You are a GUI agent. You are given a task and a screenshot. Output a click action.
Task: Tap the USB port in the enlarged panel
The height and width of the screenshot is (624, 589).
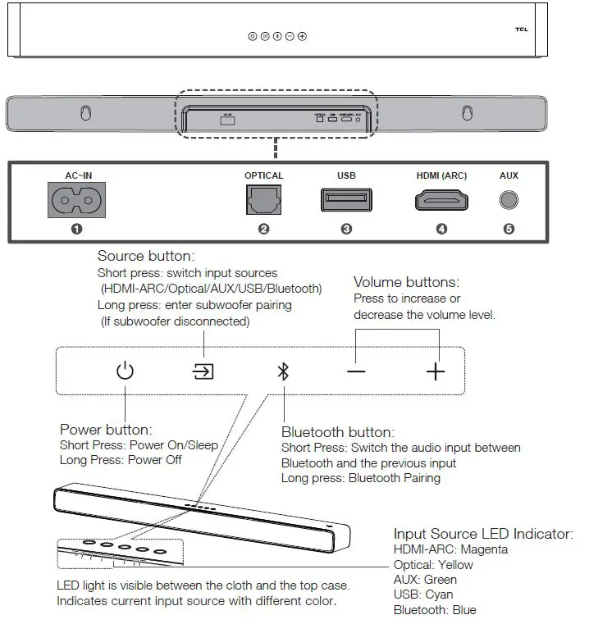point(345,200)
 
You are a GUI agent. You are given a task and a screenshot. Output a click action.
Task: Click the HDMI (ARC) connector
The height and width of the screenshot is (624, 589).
point(441,200)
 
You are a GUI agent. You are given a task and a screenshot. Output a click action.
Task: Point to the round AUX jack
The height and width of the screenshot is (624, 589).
point(509,200)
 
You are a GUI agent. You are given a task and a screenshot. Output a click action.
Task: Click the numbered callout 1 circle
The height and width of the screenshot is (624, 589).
point(76,230)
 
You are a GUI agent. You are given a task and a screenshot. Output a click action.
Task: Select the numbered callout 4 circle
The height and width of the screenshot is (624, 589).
point(441,230)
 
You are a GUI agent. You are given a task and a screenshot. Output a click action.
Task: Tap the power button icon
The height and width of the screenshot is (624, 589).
point(125,371)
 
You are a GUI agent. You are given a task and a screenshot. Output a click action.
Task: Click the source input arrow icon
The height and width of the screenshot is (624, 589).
point(203,371)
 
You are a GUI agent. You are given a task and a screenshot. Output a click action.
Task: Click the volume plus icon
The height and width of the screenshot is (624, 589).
point(435,371)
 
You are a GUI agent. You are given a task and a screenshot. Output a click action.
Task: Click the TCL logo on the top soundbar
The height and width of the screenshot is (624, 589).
point(521,30)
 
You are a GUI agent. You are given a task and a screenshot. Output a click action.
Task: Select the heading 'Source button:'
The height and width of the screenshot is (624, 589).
point(145,257)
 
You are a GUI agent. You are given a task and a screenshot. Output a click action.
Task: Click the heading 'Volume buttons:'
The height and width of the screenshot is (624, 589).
point(406,283)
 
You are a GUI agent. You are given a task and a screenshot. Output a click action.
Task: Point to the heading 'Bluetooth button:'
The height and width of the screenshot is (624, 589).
point(338,432)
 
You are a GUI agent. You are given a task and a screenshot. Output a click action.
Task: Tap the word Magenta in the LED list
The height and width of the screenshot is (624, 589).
point(484,549)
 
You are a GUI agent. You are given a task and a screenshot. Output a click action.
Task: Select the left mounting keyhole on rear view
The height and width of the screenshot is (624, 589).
point(85,112)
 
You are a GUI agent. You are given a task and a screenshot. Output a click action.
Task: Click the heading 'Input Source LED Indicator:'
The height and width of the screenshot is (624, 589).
point(483,534)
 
